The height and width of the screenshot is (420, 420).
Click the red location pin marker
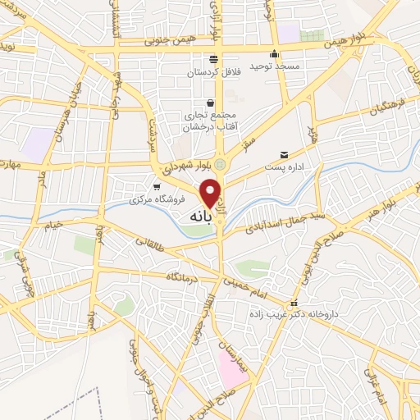click(x=212, y=194)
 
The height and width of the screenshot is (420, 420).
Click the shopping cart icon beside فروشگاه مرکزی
click(x=157, y=187)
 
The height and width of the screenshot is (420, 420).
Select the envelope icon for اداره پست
click(x=285, y=154)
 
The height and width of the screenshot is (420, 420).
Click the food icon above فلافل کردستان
click(x=213, y=58)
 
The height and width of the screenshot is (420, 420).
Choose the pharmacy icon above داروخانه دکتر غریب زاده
click(x=294, y=303)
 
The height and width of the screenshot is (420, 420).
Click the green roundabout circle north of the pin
click(x=219, y=164)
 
